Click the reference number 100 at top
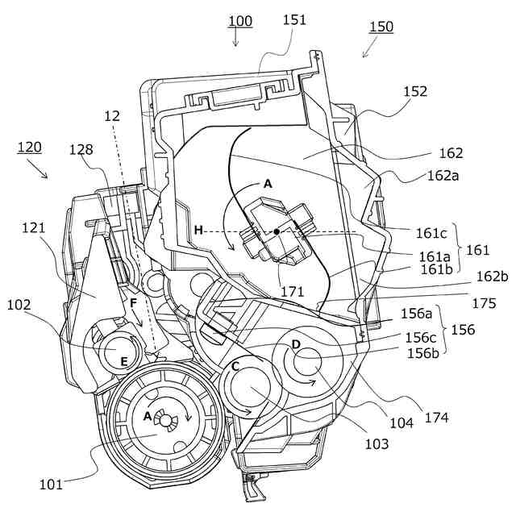(x=239, y=21)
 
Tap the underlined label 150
(x=381, y=27)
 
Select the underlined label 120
(x=29, y=148)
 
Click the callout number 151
(x=294, y=20)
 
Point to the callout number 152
(x=416, y=92)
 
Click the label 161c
(x=431, y=234)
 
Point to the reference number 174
(x=436, y=418)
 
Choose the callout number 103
(x=376, y=443)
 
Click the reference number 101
(x=50, y=485)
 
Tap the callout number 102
(x=19, y=305)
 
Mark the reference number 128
(x=81, y=149)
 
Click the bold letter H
(x=198, y=231)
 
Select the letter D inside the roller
(x=297, y=345)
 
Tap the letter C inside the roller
(x=235, y=366)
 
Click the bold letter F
(x=135, y=303)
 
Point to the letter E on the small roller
(x=124, y=362)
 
